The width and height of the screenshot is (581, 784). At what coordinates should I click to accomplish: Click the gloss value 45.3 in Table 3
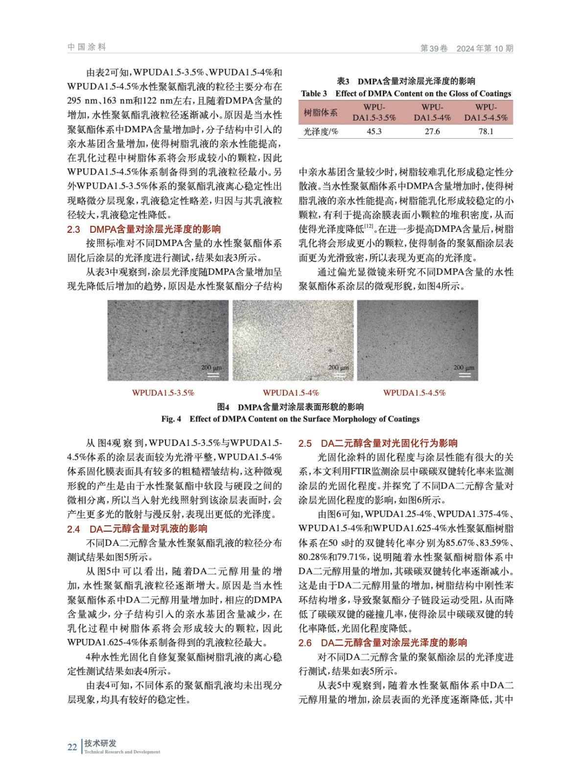374,131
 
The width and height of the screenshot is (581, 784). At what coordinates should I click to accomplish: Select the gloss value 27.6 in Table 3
432,131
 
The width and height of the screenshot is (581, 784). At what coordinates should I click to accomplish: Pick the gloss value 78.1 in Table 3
486,131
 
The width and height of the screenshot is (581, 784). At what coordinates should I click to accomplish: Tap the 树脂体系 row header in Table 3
321,113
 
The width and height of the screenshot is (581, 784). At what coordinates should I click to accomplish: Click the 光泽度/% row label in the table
321,131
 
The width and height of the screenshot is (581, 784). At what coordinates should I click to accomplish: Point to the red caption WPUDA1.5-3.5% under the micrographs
163,393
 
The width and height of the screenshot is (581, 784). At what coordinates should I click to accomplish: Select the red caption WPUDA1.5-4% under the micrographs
291,393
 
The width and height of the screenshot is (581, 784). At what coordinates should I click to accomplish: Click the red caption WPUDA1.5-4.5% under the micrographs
414,393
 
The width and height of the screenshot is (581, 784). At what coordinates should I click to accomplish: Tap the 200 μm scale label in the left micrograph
211,367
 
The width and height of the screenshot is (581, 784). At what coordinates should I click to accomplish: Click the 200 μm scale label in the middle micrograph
339,367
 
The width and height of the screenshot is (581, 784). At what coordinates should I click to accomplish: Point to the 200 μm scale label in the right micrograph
464,367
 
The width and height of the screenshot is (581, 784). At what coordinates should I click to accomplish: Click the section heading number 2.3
73,229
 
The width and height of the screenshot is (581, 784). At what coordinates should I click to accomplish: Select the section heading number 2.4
73,529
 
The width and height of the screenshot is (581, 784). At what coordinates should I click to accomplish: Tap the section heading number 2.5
305,443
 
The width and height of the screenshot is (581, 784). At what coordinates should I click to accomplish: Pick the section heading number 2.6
305,643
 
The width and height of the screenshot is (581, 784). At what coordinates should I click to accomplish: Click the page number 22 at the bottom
72,747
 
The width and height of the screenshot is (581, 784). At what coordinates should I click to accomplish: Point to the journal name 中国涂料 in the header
87,47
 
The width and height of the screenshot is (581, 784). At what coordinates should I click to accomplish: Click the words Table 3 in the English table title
314,94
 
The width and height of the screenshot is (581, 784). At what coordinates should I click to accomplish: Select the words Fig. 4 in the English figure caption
171,419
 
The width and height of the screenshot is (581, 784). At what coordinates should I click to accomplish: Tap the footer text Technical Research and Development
122,752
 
